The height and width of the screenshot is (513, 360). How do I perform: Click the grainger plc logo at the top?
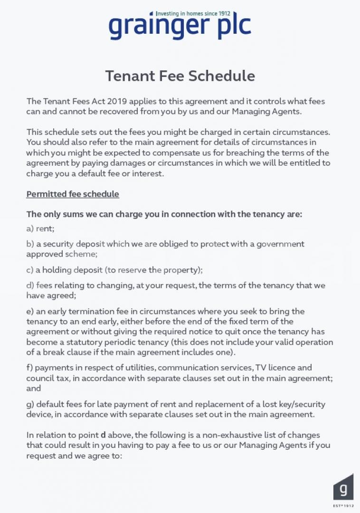click(180, 27)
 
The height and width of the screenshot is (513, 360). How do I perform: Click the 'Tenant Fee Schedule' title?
click(180, 76)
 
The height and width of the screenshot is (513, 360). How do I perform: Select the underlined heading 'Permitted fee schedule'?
click(73, 194)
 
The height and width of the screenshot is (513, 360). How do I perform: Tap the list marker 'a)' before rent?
click(30, 228)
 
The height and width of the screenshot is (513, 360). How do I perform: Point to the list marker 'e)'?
click(30, 311)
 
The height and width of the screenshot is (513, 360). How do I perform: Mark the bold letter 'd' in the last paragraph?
click(103, 435)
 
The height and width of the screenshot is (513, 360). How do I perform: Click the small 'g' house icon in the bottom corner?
click(343, 486)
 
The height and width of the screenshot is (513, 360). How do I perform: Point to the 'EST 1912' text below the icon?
click(343, 505)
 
